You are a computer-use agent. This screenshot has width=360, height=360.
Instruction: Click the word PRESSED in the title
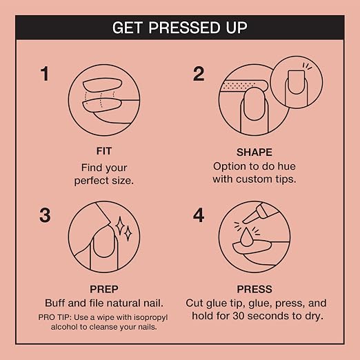coord(185,28)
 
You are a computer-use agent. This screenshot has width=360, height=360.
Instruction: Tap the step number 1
coord(45,74)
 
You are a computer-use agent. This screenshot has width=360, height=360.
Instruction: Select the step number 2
coord(199,74)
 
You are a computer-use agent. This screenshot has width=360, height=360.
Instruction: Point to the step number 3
coord(45,215)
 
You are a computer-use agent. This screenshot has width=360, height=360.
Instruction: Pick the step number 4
coord(199,215)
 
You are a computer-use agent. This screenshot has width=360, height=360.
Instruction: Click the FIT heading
coord(104,151)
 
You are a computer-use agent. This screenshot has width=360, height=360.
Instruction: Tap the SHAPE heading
coord(254,152)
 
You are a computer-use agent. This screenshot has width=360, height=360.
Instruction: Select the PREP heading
coord(104,289)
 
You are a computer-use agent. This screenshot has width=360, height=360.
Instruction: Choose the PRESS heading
coord(254,289)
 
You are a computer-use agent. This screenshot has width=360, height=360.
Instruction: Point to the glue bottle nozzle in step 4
coord(250,218)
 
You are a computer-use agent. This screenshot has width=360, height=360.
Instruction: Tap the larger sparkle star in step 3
coord(119,226)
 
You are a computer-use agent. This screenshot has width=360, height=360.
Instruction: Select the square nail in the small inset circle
coord(296,82)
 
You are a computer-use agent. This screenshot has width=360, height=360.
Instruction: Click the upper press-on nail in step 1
coord(102,85)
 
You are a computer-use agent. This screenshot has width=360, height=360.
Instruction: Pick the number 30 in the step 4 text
coord(239,316)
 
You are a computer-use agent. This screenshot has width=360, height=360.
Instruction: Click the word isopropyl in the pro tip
coord(150,317)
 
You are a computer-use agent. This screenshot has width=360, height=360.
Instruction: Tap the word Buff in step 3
coord(55,303)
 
